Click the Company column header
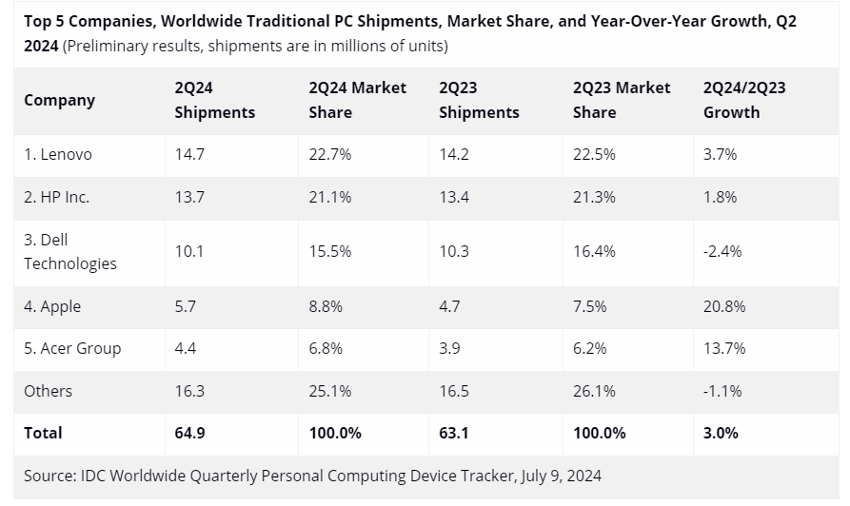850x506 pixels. [x=59, y=100]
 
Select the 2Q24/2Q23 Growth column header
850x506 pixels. [x=743, y=100]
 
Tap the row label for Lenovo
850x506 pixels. [x=58, y=154]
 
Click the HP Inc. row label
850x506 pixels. [x=57, y=197]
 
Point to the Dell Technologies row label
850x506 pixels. [x=69, y=251]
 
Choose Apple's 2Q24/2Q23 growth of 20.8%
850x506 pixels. [x=724, y=306]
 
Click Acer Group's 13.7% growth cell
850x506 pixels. [x=724, y=348]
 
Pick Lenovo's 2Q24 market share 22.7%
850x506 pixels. [x=330, y=154]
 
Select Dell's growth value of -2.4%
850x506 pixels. [x=722, y=251]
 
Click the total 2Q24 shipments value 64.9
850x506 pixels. [x=189, y=433]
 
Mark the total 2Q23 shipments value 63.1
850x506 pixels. [x=454, y=433]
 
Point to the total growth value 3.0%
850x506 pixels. [x=721, y=433]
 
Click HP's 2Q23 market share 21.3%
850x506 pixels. [x=594, y=197]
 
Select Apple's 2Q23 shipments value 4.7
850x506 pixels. [x=450, y=306]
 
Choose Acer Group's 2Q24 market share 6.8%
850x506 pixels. [x=326, y=348]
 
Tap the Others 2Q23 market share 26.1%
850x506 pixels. [x=594, y=391]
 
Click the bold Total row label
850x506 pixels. [x=43, y=433]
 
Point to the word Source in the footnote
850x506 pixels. [x=49, y=475]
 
